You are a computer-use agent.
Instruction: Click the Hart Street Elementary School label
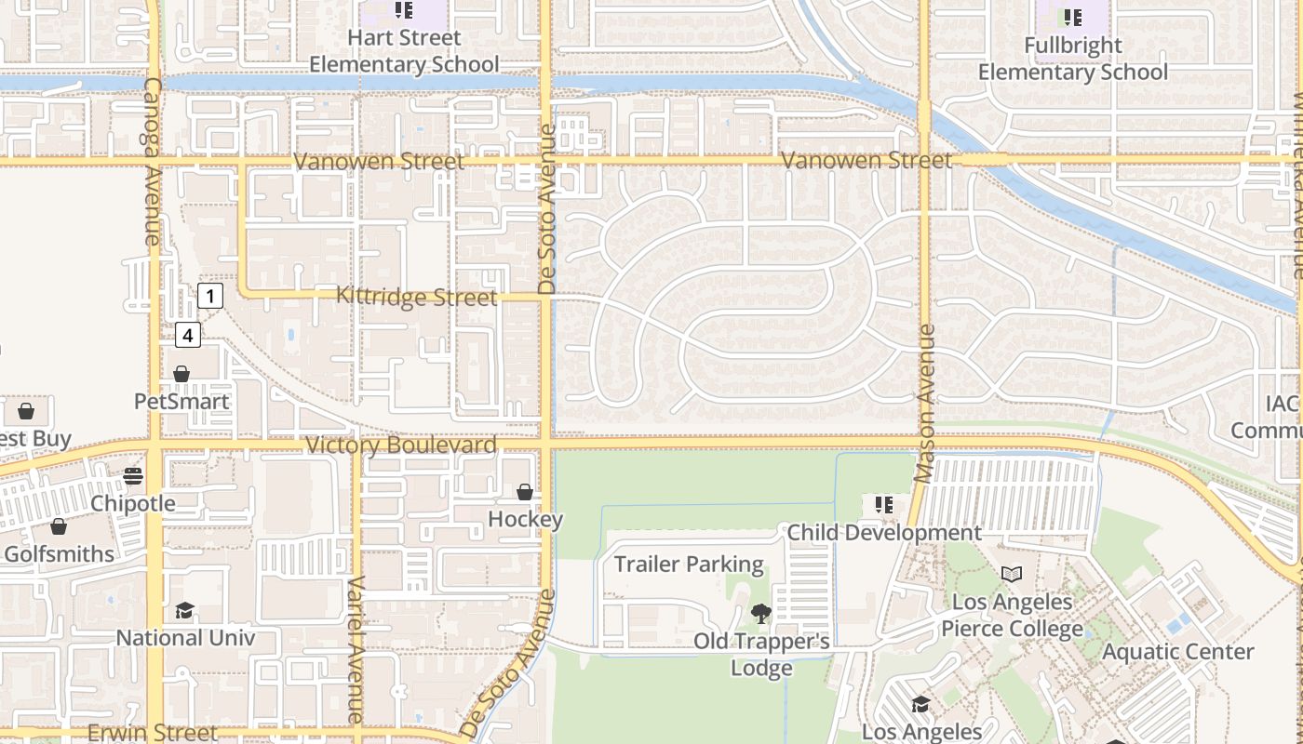pos(404,51)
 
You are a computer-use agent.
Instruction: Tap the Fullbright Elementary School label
pos(1072,59)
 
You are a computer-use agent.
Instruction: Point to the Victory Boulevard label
pos(401,445)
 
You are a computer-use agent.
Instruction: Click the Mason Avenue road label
pos(924,403)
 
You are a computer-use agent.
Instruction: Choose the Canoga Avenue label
pos(153,161)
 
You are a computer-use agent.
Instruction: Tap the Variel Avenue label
pos(355,649)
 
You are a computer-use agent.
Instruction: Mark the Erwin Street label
pos(153,733)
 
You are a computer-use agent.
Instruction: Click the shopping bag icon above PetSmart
pos(181,374)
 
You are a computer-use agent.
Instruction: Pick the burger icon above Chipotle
pos(133,476)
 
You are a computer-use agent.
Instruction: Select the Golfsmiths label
pos(60,554)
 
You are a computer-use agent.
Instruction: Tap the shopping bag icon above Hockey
pos(525,492)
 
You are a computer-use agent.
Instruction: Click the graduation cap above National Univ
pos(184,611)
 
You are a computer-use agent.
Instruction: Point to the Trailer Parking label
pos(689,565)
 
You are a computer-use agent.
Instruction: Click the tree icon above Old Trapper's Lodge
pos(761,614)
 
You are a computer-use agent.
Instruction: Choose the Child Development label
pos(884,533)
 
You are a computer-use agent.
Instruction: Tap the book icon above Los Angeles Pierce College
pos(1011,575)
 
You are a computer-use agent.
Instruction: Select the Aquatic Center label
pos(1178,651)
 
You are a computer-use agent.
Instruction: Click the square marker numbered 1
pos(210,297)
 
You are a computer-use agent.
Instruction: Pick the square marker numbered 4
pos(188,335)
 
